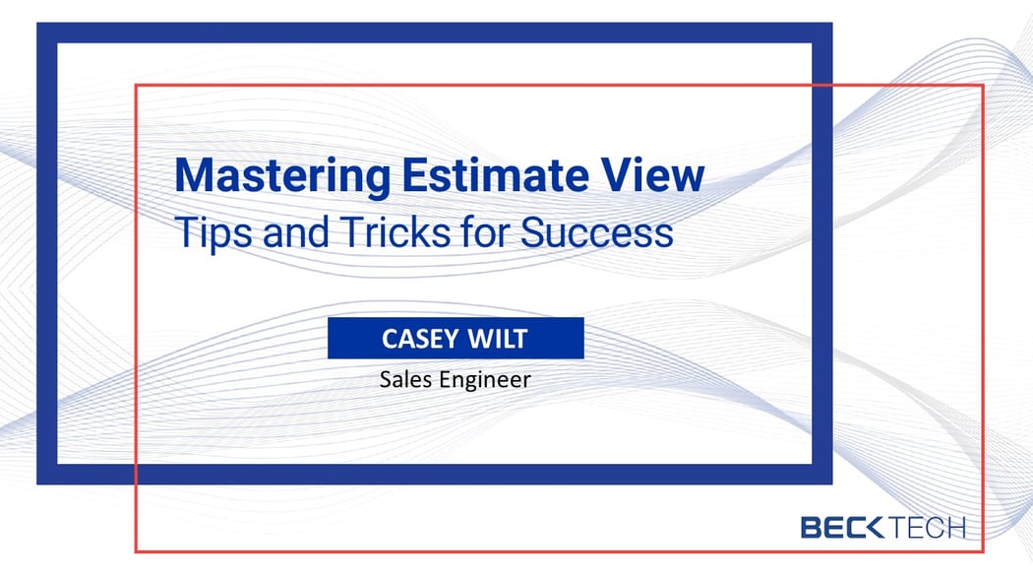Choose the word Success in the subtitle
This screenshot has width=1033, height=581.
coord(597,231)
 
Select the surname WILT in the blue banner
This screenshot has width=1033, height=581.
coord(499,339)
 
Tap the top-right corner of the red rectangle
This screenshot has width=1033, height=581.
coord(983,86)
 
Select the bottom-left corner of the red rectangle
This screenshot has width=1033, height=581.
coord(136,550)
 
